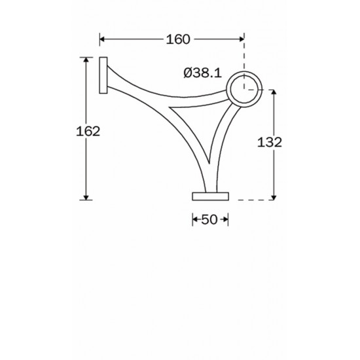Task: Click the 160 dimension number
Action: [x=178, y=39]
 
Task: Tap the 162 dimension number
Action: [x=88, y=132]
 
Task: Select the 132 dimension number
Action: [x=269, y=142]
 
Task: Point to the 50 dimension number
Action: [x=209, y=220]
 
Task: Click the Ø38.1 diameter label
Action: [x=203, y=73]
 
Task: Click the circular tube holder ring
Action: [x=245, y=71]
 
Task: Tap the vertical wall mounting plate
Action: [x=103, y=75]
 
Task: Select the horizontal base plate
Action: [x=211, y=196]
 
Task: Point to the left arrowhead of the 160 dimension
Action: [x=102, y=39]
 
